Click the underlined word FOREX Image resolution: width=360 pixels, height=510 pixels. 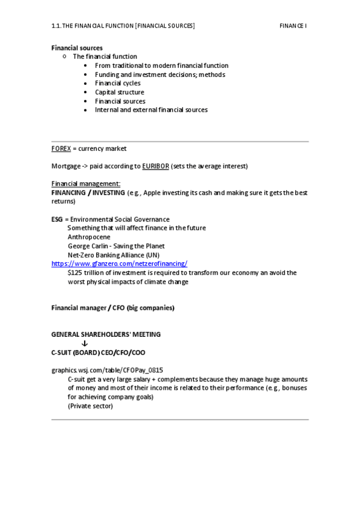[61, 149]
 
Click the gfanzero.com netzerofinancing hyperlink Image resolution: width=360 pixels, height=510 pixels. [120, 263]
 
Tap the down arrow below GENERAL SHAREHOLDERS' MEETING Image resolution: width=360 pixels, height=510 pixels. [84, 343]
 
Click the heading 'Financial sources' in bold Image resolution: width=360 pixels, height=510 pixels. [77, 48]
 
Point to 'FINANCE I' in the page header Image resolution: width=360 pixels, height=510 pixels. [293, 26]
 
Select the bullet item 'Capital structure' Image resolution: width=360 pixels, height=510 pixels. [120, 92]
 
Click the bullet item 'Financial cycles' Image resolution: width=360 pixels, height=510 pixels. [118, 83]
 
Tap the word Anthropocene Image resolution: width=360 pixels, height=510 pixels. [89, 237]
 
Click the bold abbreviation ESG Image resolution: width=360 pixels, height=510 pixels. [57, 220]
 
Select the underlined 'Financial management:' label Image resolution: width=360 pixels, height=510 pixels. [86, 184]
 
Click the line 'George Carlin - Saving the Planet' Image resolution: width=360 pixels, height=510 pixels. [116, 246]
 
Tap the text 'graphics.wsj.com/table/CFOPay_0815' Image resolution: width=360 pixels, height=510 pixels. [108, 370]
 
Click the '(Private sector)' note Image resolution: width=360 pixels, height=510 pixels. [90, 406]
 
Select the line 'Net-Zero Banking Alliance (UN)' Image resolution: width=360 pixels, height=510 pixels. [114, 255]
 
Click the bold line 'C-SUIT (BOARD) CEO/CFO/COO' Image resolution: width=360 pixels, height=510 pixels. [98, 352]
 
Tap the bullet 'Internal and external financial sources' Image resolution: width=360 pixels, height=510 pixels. [151, 110]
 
